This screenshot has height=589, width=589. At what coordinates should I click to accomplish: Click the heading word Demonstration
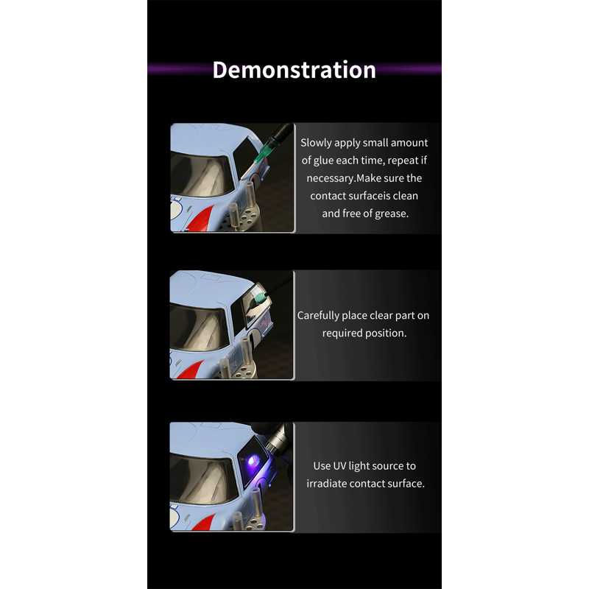294,70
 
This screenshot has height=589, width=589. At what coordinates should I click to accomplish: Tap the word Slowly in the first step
316,143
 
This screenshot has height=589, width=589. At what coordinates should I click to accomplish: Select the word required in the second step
342,333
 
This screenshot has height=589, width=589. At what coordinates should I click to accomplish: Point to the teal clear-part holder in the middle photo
260,297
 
